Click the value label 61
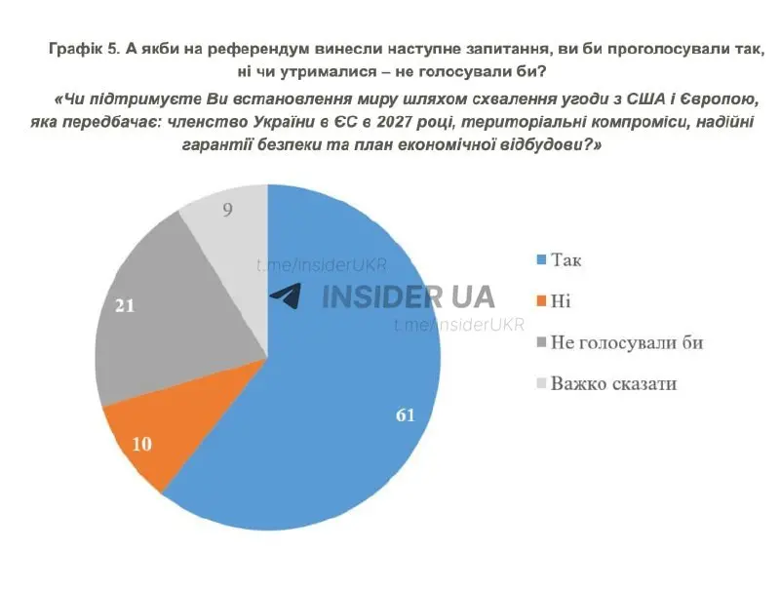pyautogui.click(x=406, y=414)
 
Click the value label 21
pyautogui.click(x=125, y=305)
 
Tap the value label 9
pyautogui.click(x=227, y=209)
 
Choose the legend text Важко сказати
pyautogui.click(x=613, y=383)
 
